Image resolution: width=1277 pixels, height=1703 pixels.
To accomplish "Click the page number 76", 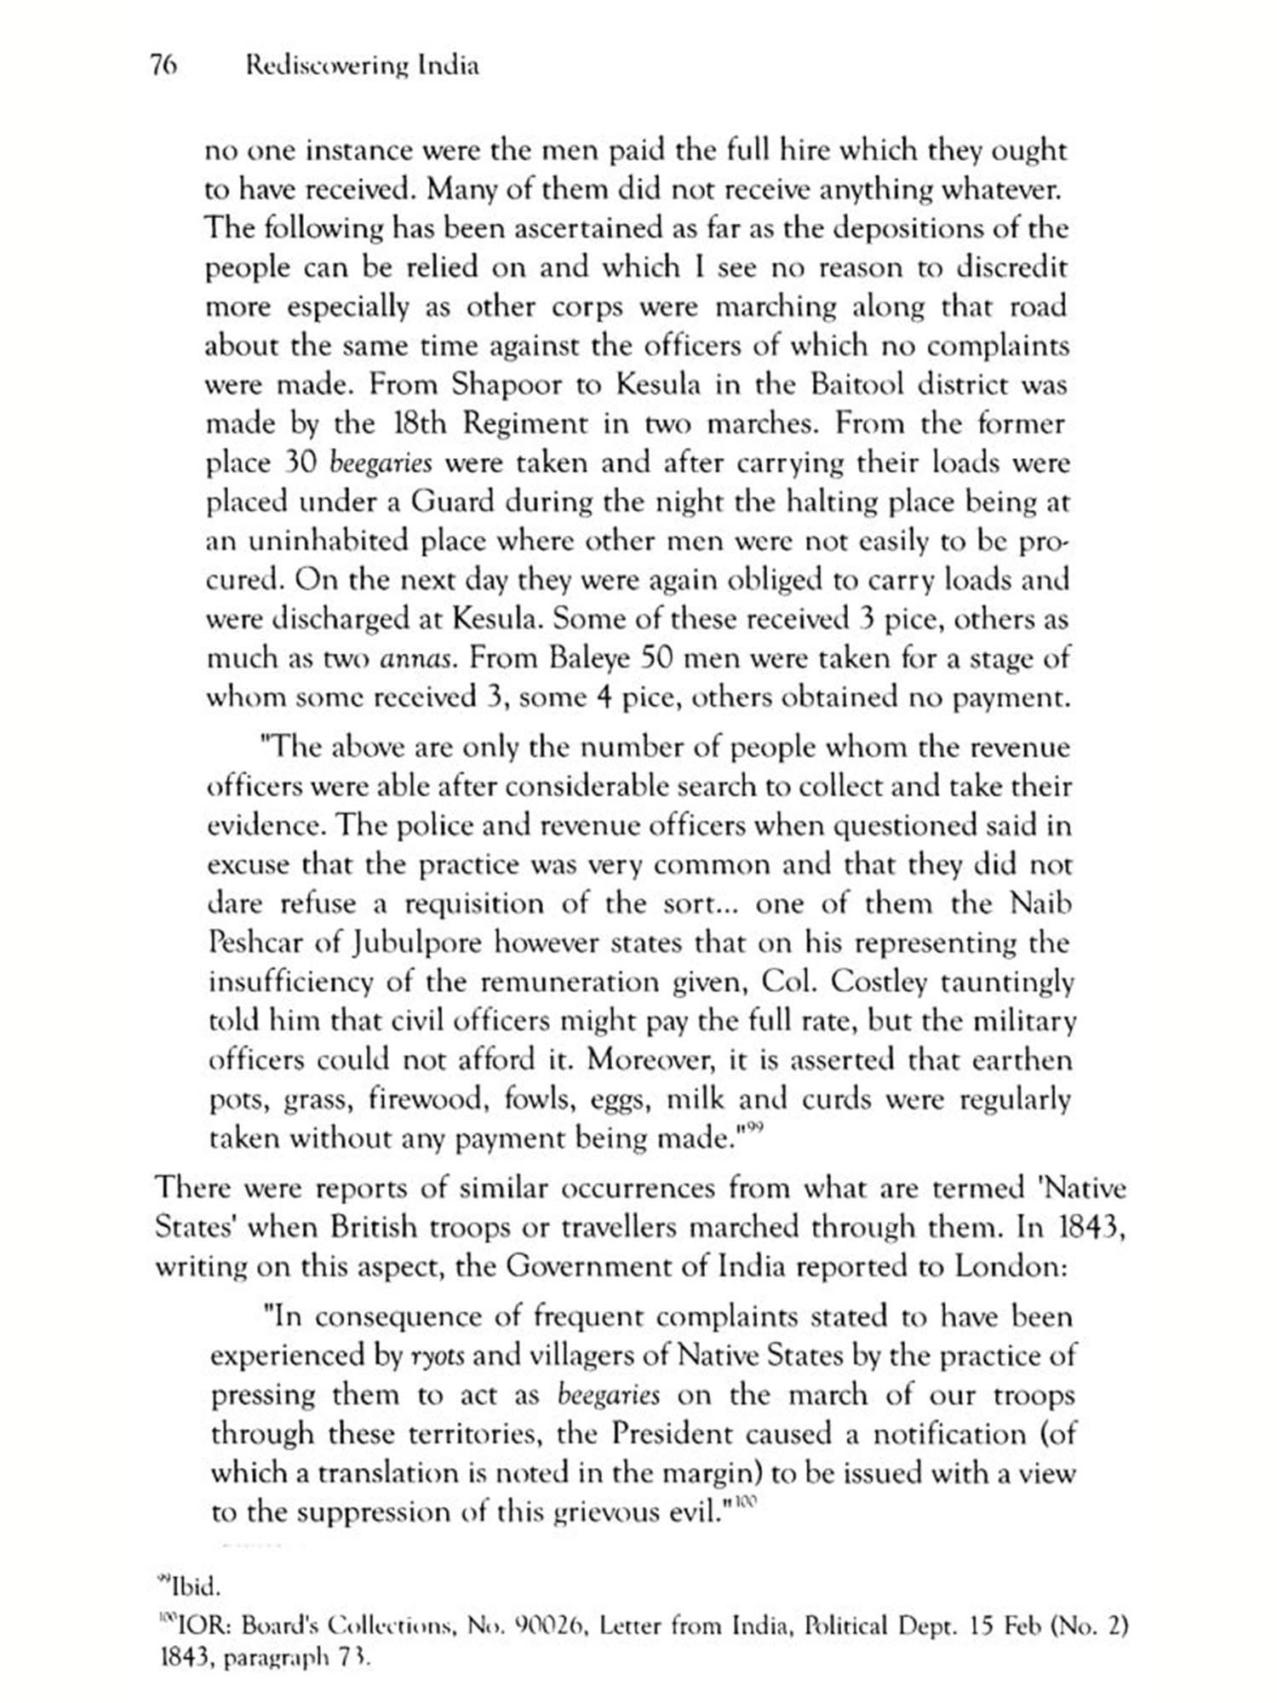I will [x=163, y=66].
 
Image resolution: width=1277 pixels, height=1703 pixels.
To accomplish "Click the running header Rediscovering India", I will [x=361, y=66].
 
